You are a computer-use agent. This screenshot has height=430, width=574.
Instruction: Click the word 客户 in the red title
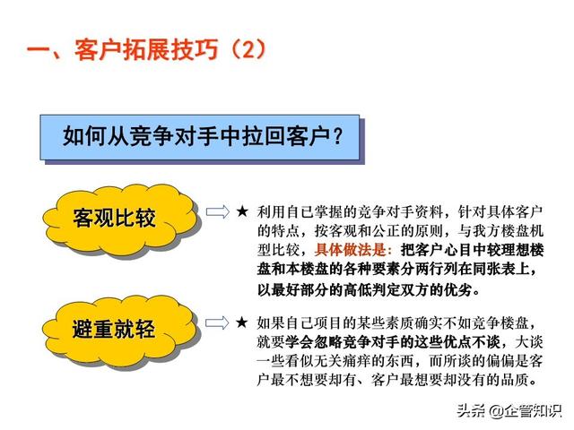pyautogui.click(x=98, y=49)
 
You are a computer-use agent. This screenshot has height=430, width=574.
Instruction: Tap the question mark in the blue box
pyautogui.click(x=337, y=136)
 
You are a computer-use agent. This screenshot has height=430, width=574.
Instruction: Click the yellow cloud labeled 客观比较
pyautogui.click(x=121, y=219)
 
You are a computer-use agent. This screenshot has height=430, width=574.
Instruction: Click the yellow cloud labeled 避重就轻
pyautogui.click(x=121, y=330)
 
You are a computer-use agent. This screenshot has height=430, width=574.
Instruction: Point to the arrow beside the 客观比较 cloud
pyautogui.click(x=217, y=212)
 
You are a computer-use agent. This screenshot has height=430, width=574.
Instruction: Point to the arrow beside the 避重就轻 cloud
pyautogui.click(x=217, y=322)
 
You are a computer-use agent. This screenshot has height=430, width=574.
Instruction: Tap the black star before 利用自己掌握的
pyautogui.click(x=242, y=211)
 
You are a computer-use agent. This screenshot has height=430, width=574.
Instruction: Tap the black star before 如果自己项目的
pyautogui.click(x=242, y=322)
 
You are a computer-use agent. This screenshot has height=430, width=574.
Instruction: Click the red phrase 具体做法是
pyautogui.click(x=350, y=250)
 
